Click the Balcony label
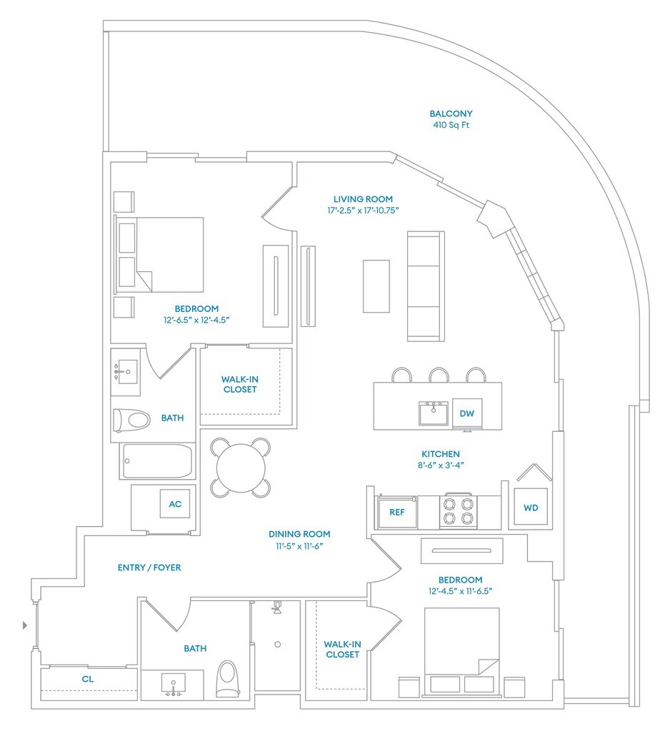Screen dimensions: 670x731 (451, 114)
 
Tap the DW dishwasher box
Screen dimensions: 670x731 (466, 413)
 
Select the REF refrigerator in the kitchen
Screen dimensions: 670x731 (397, 512)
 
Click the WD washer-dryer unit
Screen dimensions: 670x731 (531, 508)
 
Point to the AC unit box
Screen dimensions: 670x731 (175, 504)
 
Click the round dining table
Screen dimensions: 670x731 (241, 467)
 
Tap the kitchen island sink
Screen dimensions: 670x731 (433, 413)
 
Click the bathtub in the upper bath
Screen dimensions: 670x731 (157, 461)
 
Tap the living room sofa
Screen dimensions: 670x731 (423, 286)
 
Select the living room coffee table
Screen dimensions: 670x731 (376, 286)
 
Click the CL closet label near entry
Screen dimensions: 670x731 (88, 680)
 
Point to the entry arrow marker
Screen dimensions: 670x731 (26, 625)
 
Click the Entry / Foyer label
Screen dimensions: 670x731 (149, 568)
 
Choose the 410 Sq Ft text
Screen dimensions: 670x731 (451, 126)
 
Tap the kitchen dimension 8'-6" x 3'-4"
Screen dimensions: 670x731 (440, 465)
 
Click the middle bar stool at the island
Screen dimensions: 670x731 (439, 375)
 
